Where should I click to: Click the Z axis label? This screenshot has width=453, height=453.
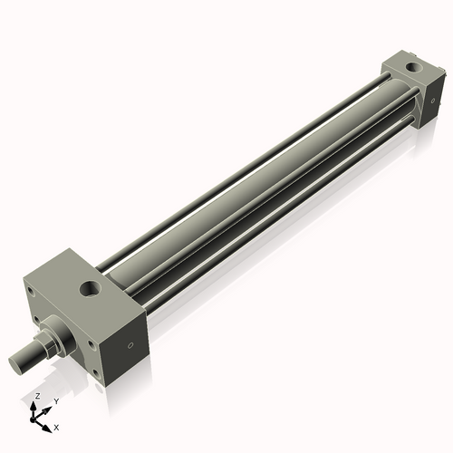pos(35,397)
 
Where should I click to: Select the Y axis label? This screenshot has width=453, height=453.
pos(55,401)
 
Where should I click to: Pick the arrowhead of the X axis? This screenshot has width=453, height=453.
pos(50,423)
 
